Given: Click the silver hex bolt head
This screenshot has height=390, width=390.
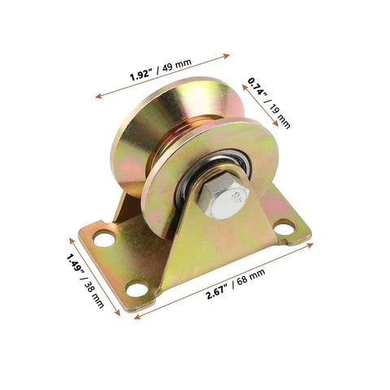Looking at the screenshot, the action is coord(223,198).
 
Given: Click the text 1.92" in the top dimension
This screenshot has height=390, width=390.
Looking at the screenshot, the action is coord(140,75).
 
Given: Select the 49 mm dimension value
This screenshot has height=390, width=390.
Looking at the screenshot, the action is coord(177,65).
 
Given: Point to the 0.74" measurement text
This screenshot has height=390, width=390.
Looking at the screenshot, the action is coord(258,87).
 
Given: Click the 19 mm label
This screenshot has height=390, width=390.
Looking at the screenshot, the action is coord(280,115).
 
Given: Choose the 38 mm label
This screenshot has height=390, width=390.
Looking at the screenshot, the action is coord(94,295).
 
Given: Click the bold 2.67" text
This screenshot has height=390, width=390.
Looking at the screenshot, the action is coord(217,292).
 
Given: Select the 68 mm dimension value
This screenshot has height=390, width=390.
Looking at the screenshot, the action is coord(251,276).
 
